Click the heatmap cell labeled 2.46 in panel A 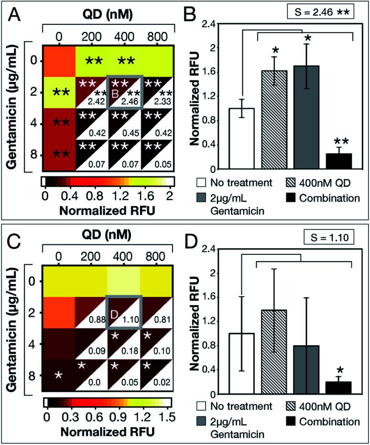point(124,92)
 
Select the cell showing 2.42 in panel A point(91,92)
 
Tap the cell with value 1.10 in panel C point(124,313)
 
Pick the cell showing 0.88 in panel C point(91,313)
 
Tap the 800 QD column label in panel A point(157,35)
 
